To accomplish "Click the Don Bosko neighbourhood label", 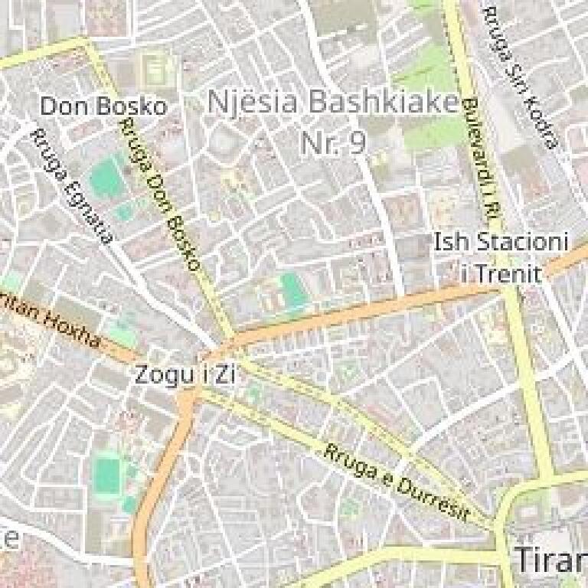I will pyautogui.click(x=103, y=106).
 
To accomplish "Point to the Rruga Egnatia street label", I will pyautogui.click(x=71, y=185).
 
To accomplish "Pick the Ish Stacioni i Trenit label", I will pyautogui.click(x=501, y=258).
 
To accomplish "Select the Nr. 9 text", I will pyautogui.click(x=333, y=142).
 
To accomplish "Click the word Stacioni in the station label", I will pyautogui.click(x=522, y=243).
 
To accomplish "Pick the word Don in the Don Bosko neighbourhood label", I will pyautogui.click(x=59, y=106).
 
